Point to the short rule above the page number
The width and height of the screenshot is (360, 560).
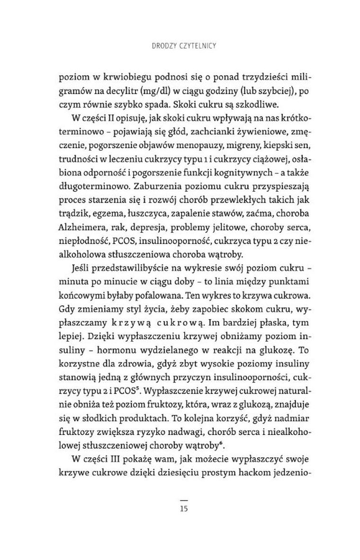pos(184,500)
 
